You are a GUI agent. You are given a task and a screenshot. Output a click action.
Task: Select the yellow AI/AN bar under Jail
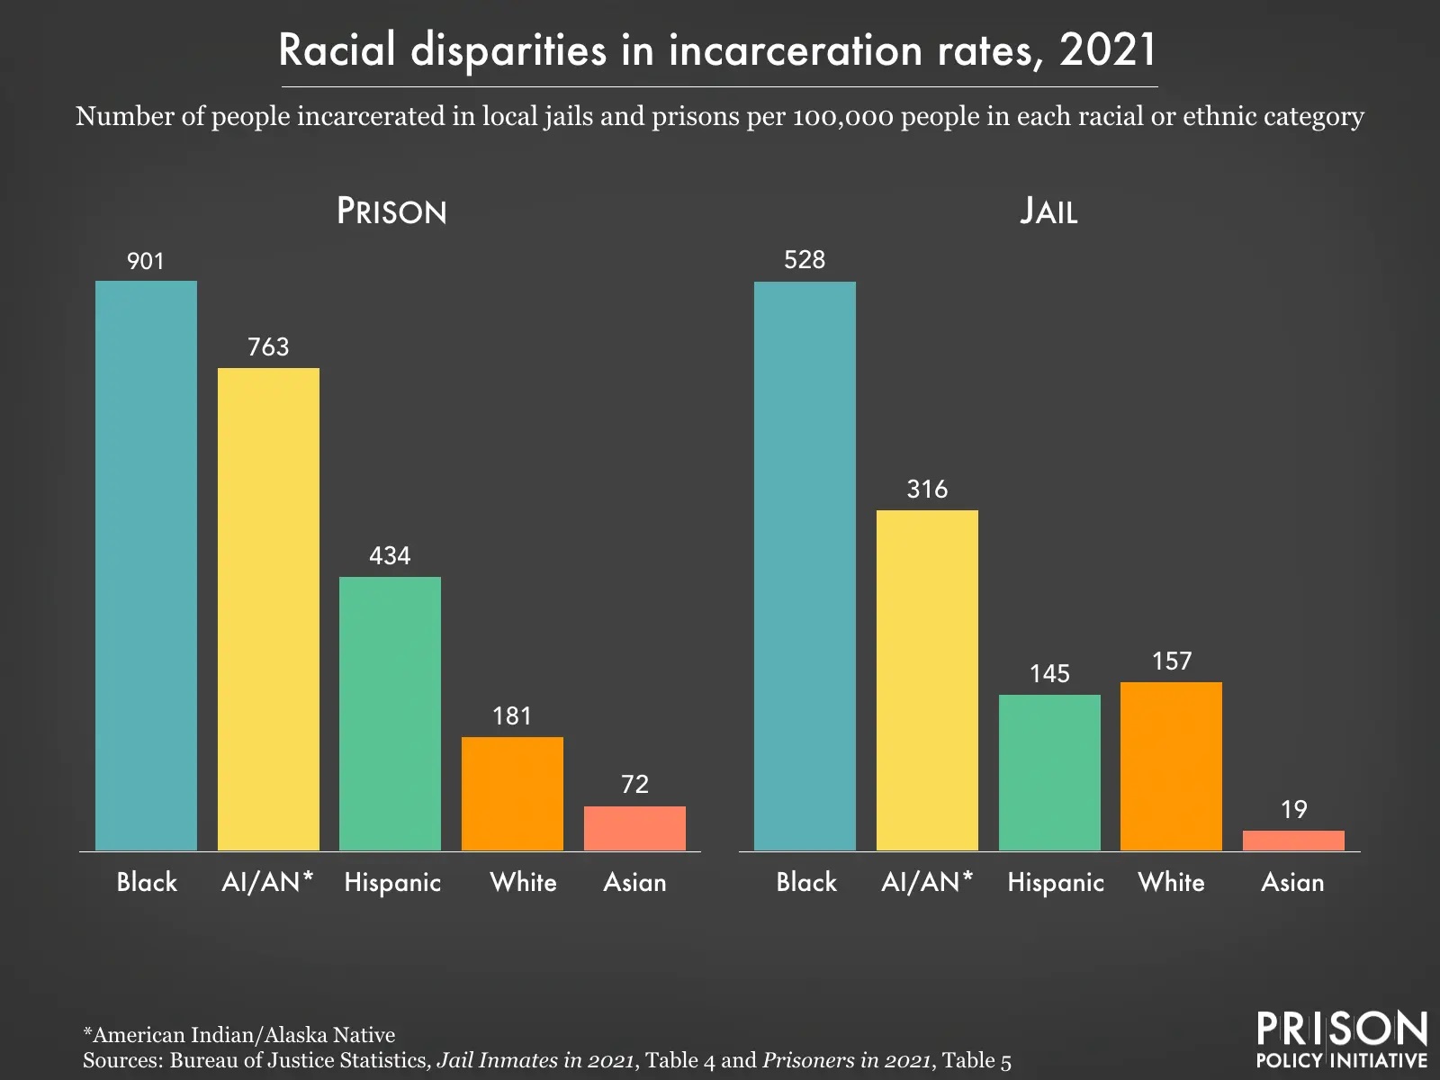pos(927,680)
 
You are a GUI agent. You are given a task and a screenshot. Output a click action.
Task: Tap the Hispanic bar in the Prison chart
pos(390,714)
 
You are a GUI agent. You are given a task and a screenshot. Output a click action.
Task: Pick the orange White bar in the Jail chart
pos(1171,766)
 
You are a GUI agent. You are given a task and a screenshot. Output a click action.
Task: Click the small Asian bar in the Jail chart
pos(1293,841)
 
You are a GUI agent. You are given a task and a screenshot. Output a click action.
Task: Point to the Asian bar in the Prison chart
pos(634,828)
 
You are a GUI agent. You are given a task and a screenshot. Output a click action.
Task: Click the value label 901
pos(146,262)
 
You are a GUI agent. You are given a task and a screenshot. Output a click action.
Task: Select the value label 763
pos(268,347)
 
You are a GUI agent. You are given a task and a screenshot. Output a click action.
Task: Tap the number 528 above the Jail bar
pos(805,260)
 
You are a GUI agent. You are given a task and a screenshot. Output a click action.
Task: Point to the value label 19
pos(1293,810)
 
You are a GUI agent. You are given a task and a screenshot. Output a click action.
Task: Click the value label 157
pos(1171,661)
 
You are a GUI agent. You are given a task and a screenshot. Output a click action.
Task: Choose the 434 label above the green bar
pos(390,556)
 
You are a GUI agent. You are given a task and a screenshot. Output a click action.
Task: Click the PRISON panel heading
pos(391,211)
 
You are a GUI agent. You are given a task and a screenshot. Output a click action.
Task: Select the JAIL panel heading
pos(1048,211)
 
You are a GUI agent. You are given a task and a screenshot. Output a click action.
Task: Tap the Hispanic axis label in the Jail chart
pos(1055,882)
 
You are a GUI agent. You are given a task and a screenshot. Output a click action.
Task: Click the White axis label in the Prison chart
pos(523,882)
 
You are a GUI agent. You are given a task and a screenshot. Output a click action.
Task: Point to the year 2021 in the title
pos(1107,50)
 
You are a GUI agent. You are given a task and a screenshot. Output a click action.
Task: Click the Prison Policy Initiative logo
pos(1341,1039)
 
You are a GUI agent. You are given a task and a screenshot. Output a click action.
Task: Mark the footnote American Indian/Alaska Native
pos(239,1035)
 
